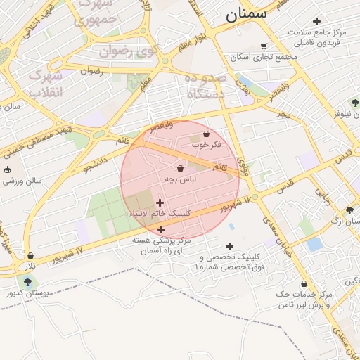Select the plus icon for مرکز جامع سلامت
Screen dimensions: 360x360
pos(316,21)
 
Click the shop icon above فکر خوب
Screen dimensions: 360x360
pos(206,134)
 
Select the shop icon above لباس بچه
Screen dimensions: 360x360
pos(180,169)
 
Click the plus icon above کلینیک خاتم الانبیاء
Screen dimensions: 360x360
pos(160,202)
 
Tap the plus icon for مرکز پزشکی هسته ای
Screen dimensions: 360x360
pos(162,229)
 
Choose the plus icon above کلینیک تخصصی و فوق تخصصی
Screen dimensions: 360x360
pos(229,246)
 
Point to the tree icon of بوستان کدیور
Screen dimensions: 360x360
pos(27,282)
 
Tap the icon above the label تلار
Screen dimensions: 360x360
pos(30,255)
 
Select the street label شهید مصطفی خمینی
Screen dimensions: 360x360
pos(35,141)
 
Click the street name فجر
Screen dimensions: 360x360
pos(282,113)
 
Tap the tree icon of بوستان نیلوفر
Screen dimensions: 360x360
pos(356,103)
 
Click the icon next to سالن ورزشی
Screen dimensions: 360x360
pos(7,169)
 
